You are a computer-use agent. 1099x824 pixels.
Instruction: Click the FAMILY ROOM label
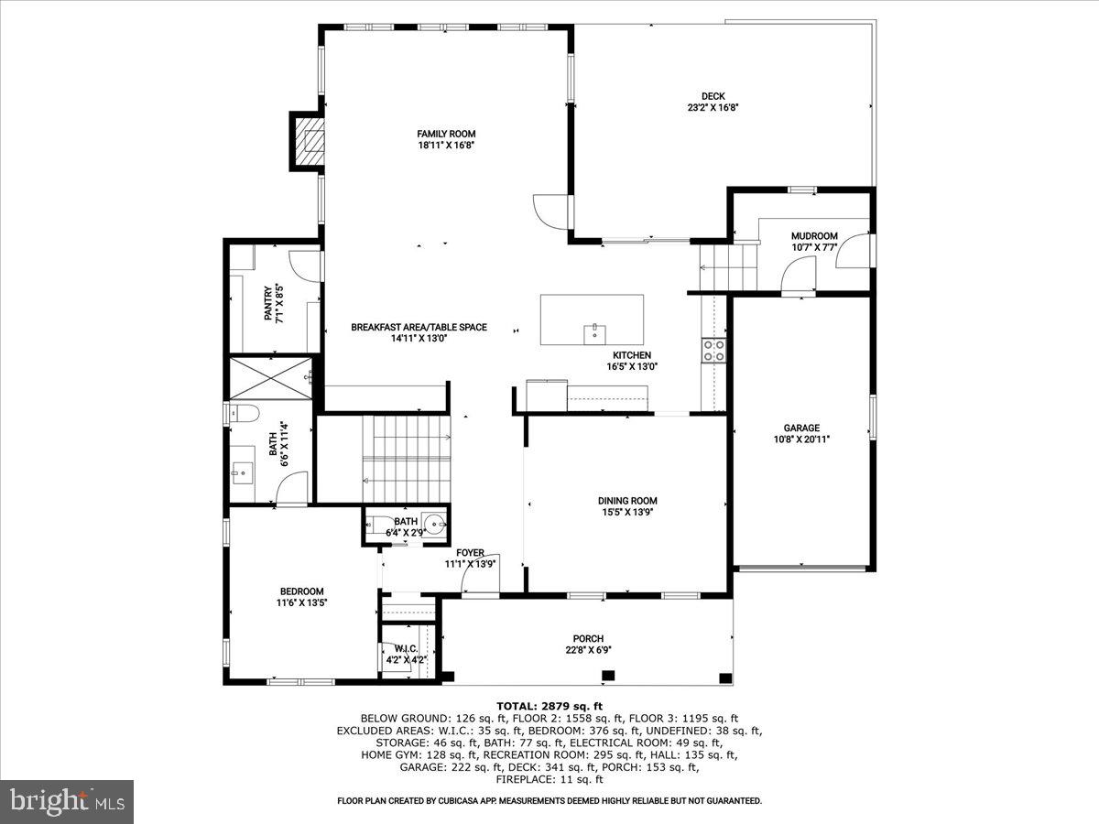pos(446,134)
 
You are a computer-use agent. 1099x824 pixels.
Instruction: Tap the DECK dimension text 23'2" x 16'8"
pos(713,107)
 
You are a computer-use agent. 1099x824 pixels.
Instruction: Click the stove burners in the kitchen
pos(713,350)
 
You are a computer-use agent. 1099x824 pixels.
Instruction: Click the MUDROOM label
pos(814,236)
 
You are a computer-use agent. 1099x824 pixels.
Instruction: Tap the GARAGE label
pos(800,428)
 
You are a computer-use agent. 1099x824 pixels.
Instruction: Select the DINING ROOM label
pos(627,501)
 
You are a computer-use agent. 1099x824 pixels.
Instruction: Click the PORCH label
pos(588,639)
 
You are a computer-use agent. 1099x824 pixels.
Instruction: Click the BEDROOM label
pos(300,591)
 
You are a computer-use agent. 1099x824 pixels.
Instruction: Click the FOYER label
pos(470,552)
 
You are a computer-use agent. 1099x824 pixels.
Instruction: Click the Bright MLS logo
pos(67,802)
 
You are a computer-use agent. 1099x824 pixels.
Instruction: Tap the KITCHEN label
pos(632,355)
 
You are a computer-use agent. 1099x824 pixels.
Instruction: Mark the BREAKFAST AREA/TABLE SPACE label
pos(419,327)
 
